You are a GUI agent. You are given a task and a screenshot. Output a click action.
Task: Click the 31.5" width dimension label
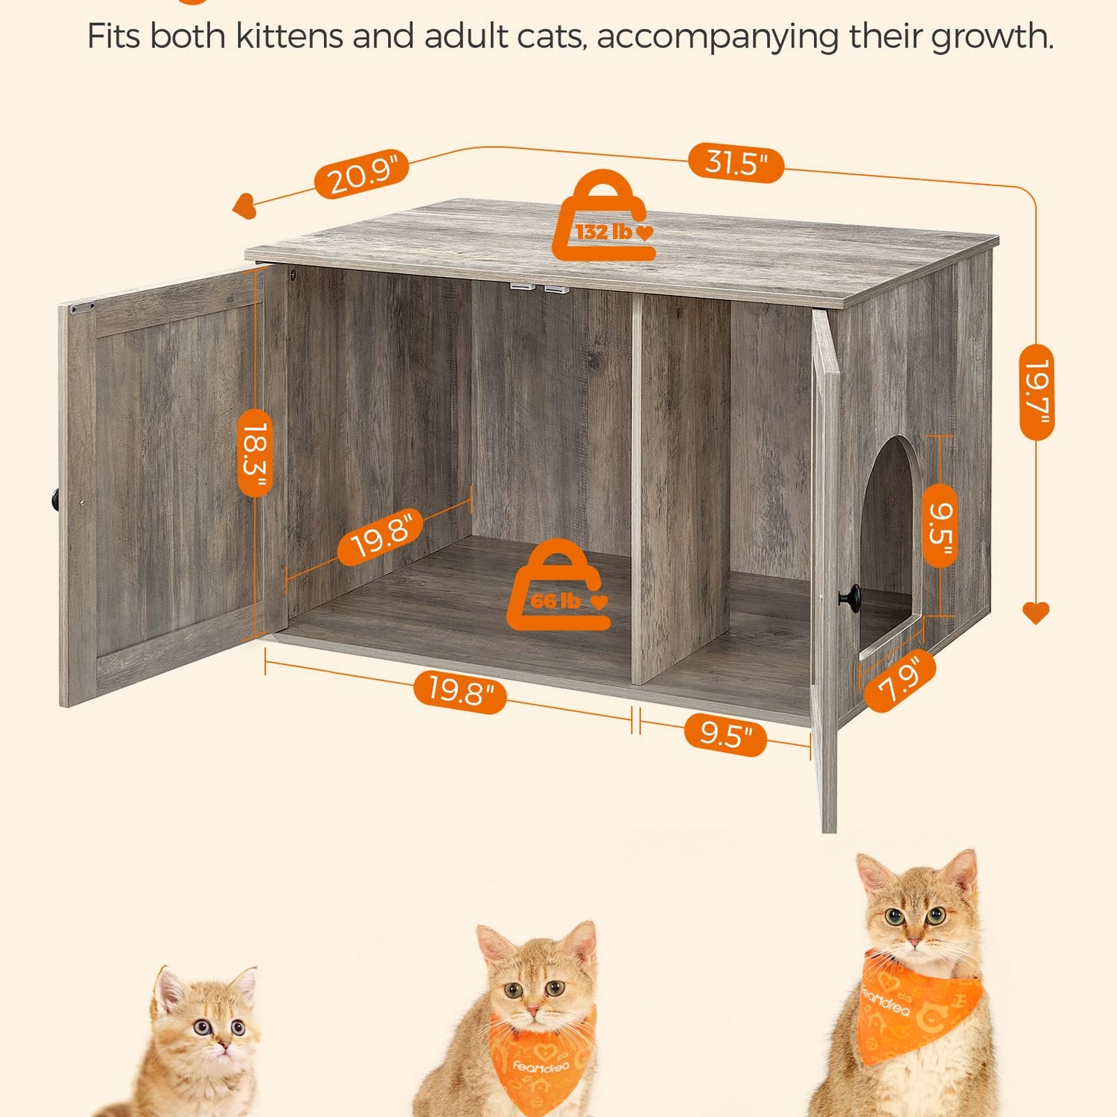click(x=736, y=162)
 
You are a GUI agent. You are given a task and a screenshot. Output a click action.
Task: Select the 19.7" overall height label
click(x=1037, y=392)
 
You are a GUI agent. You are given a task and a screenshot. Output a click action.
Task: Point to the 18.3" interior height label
click(x=255, y=453)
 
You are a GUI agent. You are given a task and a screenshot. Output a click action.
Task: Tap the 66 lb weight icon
click(x=558, y=585)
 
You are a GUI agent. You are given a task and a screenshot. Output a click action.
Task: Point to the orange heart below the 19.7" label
click(x=1036, y=613)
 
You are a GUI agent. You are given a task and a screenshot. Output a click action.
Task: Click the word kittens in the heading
click(x=291, y=36)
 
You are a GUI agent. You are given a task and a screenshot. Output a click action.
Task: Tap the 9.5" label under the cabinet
click(x=725, y=735)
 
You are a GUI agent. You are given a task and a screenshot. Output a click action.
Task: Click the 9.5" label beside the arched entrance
click(x=940, y=525)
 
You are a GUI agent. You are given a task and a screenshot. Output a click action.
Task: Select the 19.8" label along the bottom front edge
click(x=460, y=692)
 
